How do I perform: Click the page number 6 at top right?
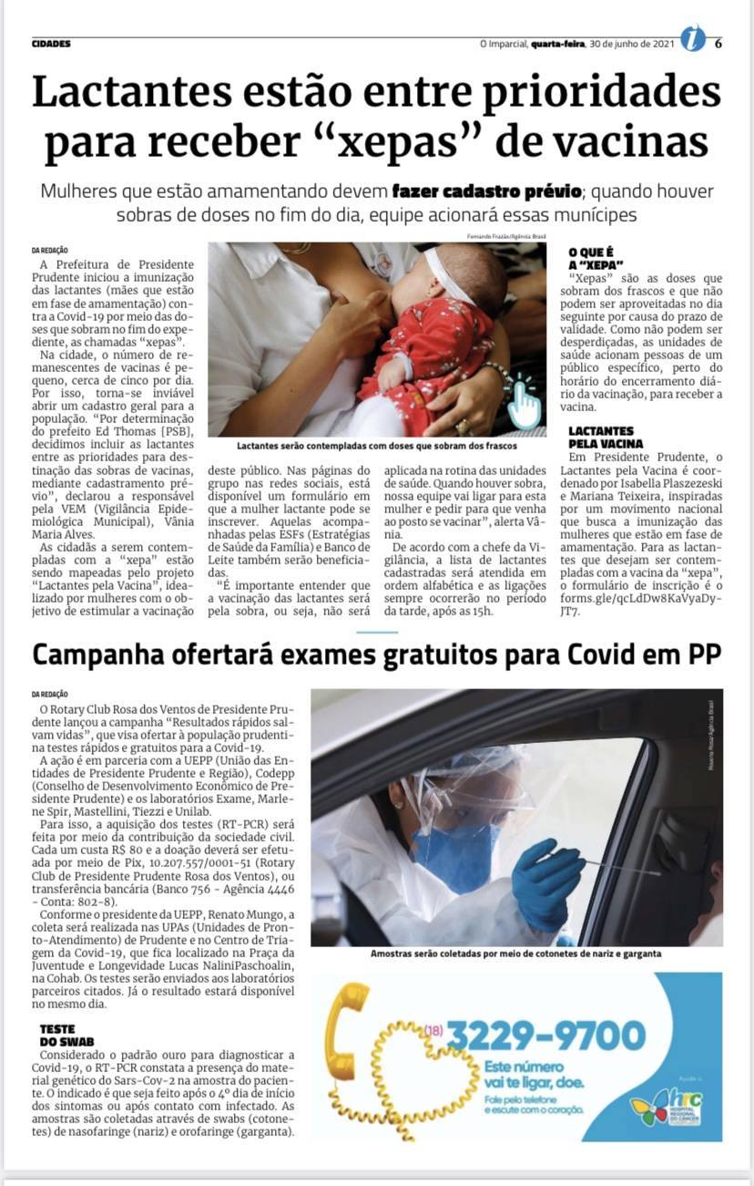718,42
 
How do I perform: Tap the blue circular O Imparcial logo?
693,41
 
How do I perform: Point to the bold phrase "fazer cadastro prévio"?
486,192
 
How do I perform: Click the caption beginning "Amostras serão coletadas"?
515,954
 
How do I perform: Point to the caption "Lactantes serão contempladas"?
377,446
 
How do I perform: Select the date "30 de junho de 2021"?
631,43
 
